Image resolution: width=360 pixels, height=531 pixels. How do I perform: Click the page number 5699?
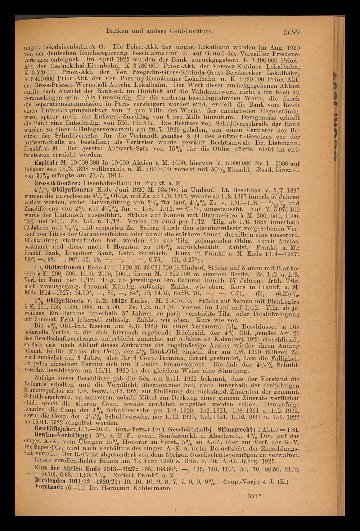(291, 32)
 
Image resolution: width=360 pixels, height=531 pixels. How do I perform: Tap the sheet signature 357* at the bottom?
(254, 496)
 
